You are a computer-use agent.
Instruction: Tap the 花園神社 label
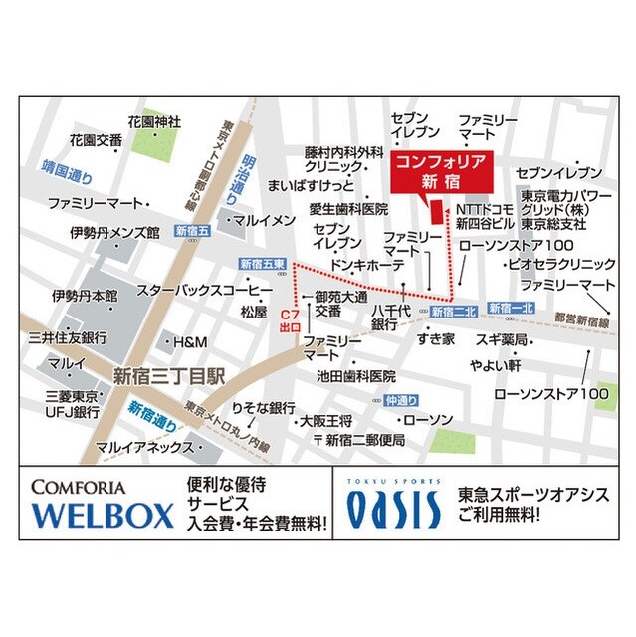tap(153, 121)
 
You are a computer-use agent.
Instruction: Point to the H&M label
tap(189, 342)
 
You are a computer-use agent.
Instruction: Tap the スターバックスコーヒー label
tap(205, 290)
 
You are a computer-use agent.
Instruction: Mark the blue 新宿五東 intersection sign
tap(263, 264)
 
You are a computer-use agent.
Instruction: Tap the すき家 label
tap(436, 339)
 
